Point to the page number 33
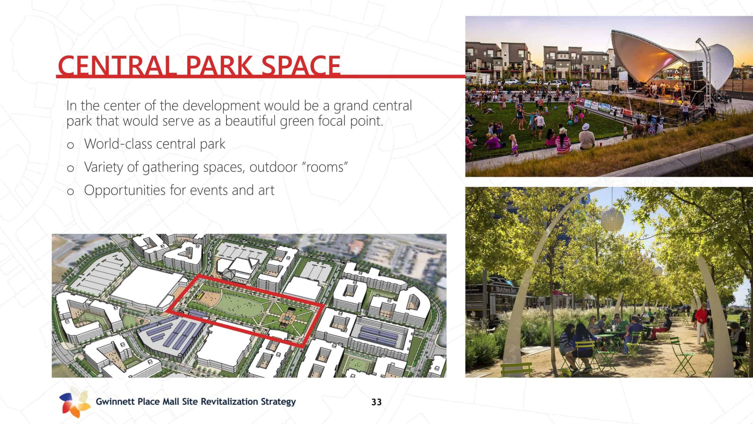click(x=376, y=402)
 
